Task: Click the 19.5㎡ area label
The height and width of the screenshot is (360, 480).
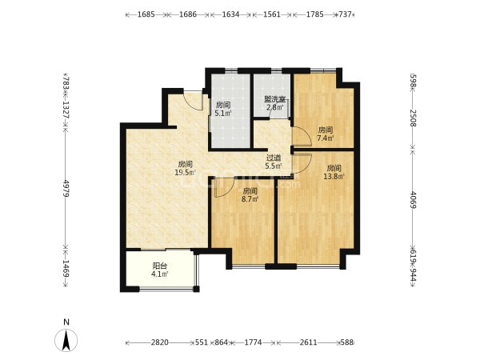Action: tap(186, 173)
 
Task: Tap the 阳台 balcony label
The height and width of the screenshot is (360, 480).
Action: tap(160, 266)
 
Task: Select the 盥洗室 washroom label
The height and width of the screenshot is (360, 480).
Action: tap(275, 99)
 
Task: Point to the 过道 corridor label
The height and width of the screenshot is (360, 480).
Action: tap(274, 158)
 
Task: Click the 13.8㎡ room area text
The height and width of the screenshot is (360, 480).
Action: tap(334, 176)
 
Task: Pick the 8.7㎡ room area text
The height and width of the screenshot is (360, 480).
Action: tap(250, 199)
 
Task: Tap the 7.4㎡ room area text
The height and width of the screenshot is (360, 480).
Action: tap(325, 138)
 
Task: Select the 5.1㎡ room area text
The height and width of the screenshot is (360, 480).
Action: tap(223, 114)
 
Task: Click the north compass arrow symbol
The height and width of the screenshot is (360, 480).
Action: tap(66, 340)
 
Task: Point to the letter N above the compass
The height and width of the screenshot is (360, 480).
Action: tap(66, 322)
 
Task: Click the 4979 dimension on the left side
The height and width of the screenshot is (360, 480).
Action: tap(66, 189)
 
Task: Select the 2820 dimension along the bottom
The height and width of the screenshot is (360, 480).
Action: tap(159, 342)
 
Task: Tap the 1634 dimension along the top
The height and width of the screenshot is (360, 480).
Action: tap(230, 14)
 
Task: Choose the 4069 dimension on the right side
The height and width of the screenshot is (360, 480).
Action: tap(414, 199)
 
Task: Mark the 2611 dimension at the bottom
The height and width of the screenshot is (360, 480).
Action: tap(308, 342)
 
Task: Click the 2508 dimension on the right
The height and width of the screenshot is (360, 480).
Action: tap(414, 118)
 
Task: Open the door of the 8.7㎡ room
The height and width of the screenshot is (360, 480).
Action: tap(224, 187)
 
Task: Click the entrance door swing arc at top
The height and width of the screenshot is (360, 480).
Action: tap(193, 100)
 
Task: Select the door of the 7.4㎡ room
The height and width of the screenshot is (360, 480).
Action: tap(302, 136)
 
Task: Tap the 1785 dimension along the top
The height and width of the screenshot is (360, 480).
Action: tap(315, 14)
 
